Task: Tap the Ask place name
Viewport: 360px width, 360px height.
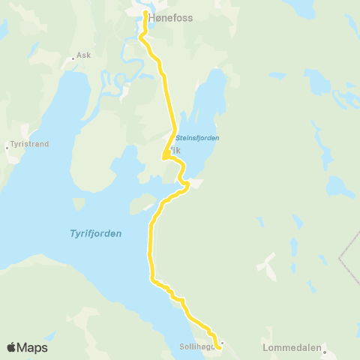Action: coord(83,55)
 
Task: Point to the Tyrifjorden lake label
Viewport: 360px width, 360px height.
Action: coord(90,234)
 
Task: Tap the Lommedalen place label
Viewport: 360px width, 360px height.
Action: coord(292,348)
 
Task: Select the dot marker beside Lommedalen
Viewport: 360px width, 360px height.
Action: coord(325,350)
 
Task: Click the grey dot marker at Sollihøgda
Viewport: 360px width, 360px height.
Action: coord(223,343)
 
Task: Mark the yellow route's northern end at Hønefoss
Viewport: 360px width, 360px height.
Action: coord(145,13)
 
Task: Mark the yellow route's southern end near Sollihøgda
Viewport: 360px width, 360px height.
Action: coord(218,348)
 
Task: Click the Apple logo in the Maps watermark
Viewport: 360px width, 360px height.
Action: coord(12,347)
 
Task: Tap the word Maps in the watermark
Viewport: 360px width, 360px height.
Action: coord(33,348)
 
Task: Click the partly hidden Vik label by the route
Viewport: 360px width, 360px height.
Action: coord(175,150)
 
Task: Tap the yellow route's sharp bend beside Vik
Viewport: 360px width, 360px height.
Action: coord(163,157)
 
